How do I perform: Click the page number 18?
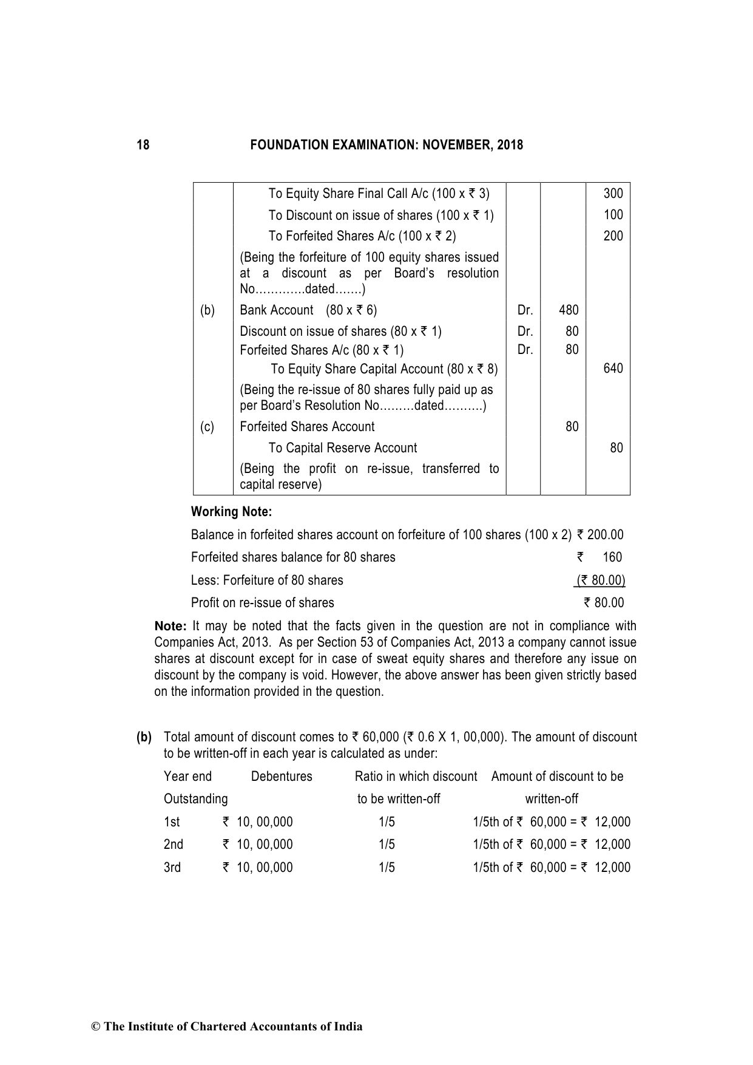click(143, 145)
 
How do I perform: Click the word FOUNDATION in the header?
click(284, 145)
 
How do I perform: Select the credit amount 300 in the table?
click(613, 194)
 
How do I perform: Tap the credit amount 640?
click(613, 369)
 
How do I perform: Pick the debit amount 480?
click(569, 310)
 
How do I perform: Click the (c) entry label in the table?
click(208, 427)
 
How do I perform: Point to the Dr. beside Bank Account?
click(525, 310)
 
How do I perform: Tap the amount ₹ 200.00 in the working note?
click(600, 535)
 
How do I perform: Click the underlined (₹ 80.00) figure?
click(600, 580)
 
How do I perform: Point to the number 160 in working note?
click(612, 557)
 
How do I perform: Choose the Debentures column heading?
click(282, 777)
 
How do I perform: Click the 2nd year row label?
click(174, 845)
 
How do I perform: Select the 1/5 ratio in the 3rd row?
click(387, 868)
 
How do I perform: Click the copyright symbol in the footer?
click(95, 1027)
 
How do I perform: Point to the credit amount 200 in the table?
click(613, 236)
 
